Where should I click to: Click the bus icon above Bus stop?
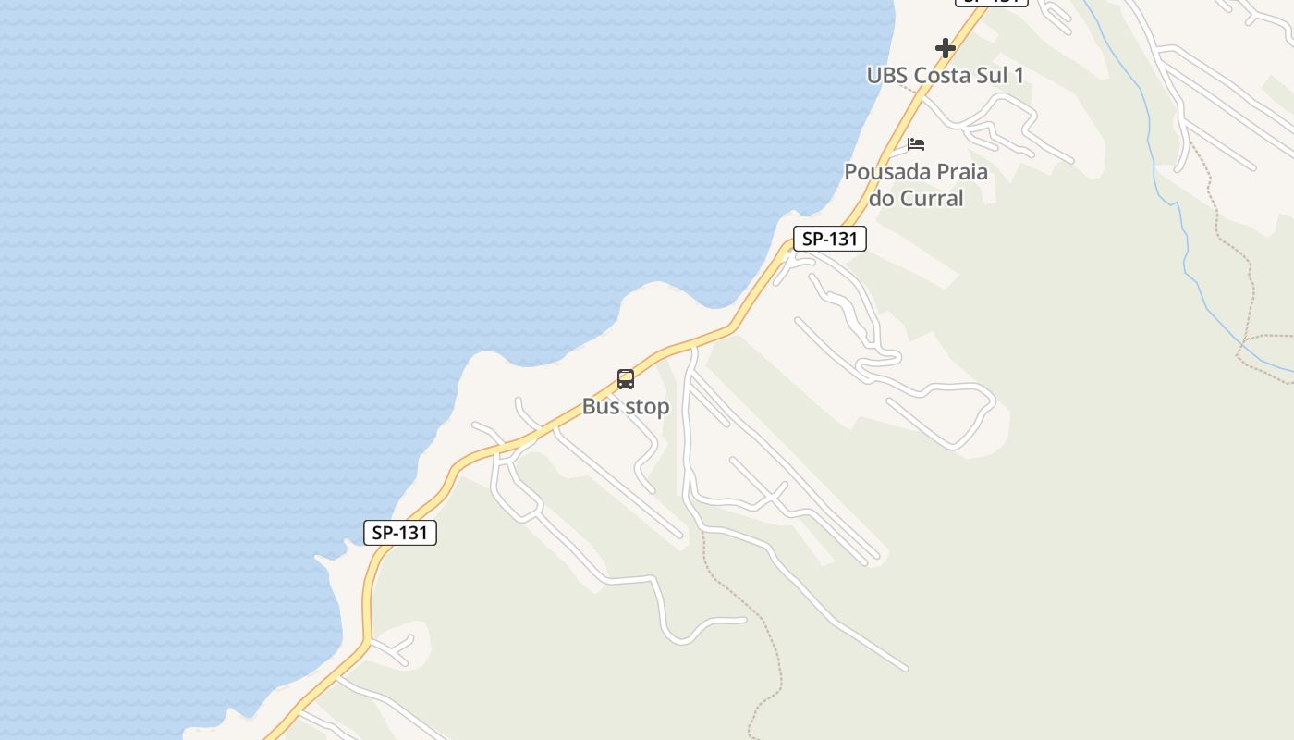coord(626,379)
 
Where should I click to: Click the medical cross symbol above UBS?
coord(945,47)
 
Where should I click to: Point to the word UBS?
coord(886,75)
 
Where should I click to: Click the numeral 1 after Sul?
coord(1019,75)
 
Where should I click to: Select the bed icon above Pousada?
coord(916,144)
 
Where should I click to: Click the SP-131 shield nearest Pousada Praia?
coord(830,239)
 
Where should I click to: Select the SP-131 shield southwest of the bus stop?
coord(400,533)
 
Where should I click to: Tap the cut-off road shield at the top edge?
coord(991,3)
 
